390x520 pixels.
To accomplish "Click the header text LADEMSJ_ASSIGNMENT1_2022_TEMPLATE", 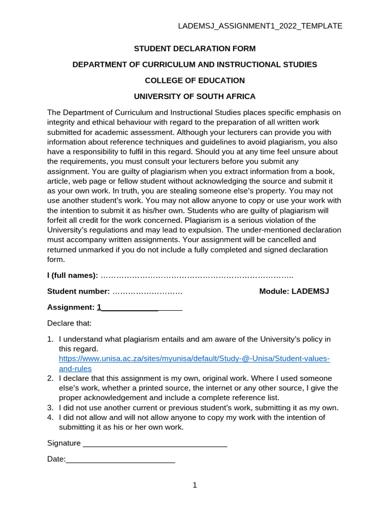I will point(260,26).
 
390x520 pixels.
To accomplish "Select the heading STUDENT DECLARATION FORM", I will point(194,49).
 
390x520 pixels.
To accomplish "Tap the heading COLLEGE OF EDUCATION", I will point(194,80).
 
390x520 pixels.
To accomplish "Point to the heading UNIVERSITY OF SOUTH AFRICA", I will point(194,96).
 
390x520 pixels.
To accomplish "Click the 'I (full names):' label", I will point(73,275).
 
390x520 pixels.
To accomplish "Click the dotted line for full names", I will point(197,276).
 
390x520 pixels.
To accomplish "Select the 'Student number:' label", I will point(78,291).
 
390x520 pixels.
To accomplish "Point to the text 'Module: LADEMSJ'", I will point(294,291).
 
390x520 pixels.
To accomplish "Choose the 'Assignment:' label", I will point(71,307).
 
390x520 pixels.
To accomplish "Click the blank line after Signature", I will point(154,444).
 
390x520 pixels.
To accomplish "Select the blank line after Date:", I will point(120,460).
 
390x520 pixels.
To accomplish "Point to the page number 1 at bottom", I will point(194,485).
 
